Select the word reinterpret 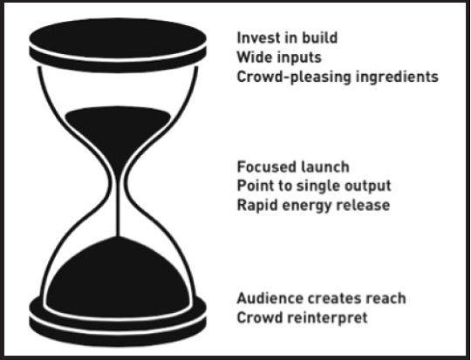[x=327, y=318]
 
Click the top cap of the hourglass [x=118, y=45]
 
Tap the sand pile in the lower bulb [x=118, y=279]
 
